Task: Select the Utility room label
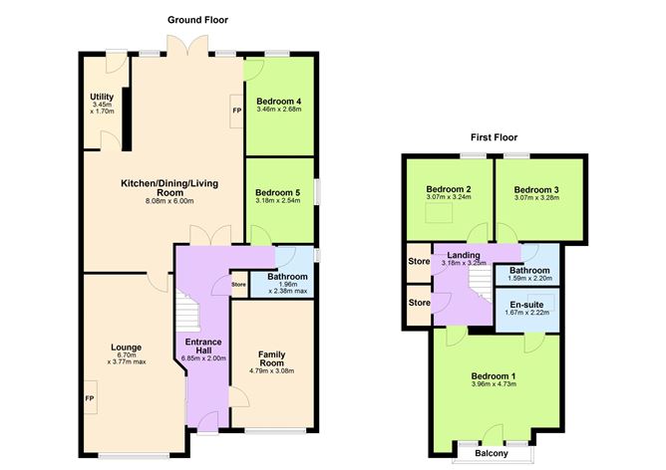(x=103, y=97)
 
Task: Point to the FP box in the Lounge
(x=89, y=398)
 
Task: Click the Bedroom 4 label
(x=279, y=101)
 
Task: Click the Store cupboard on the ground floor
(x=238, y=286)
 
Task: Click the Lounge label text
(x=126, y=348)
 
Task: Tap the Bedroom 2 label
(x=449, y=189)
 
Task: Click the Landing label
(x=465, y=256)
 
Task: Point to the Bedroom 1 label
(x=494, y=375)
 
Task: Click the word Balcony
(x=491, y=454)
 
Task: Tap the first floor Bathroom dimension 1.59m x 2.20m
(x=529, y=279)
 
